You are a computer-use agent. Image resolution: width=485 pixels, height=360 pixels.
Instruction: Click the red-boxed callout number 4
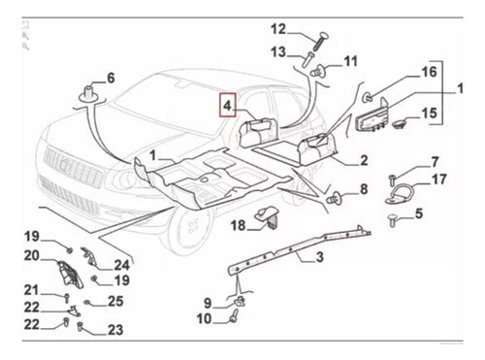point(228,106)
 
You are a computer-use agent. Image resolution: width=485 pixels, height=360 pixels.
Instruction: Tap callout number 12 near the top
point(278,29)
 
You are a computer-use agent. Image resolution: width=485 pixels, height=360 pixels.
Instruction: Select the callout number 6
point(111,78)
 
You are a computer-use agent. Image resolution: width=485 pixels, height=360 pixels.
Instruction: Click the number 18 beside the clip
point(238,225)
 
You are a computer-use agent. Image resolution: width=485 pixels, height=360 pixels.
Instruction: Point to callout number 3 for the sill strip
point(319,257)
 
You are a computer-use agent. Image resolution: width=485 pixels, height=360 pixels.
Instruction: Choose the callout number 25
point(115,301)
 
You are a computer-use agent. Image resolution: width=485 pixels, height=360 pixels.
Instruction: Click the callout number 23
point(115,330)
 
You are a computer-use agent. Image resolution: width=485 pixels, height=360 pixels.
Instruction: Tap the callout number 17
point(438,179)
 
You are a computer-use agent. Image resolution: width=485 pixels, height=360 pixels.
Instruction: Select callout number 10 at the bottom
point(205,319)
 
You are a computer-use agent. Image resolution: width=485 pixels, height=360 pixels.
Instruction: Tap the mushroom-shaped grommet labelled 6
point(88,94)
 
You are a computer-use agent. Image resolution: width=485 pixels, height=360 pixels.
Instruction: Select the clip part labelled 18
point(268,217)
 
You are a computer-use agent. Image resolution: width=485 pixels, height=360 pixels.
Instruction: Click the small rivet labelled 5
point(393,220)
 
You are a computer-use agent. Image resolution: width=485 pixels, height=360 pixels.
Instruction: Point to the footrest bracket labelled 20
point(70,274)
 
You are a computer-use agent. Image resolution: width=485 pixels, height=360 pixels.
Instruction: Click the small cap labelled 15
point(400,123)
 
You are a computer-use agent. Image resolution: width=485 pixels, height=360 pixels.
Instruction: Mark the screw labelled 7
point(392,179)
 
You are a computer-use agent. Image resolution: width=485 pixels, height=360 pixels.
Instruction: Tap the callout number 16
point(429,72)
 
